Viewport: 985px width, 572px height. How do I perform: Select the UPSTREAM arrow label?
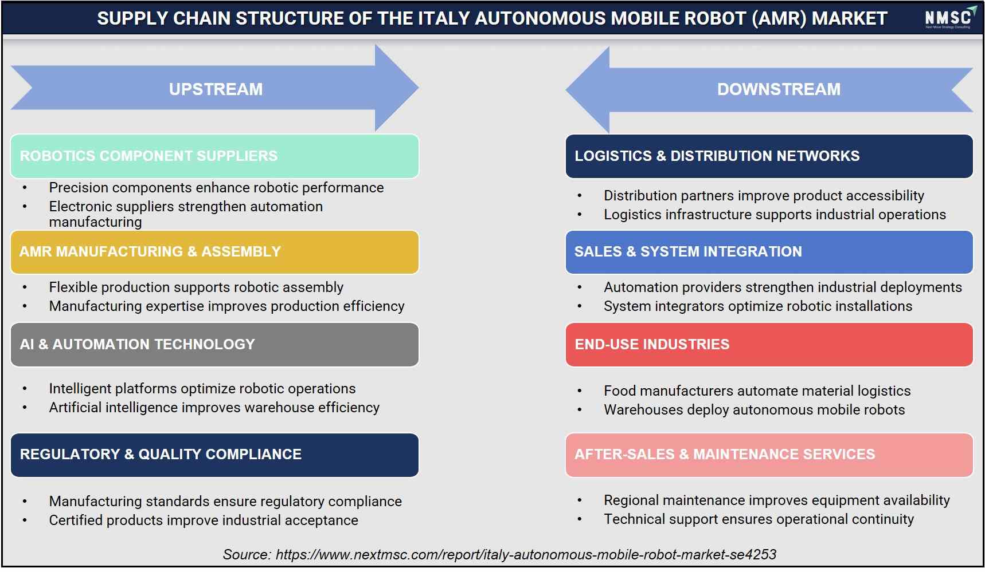click(216, 89)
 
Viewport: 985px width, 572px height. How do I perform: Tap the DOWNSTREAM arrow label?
click(779, 89)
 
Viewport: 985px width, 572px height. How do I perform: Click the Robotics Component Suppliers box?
click(214, 156)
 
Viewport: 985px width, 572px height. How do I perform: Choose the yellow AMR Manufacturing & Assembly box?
click(214, 252)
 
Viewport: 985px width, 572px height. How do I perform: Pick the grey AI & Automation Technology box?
click(214, 345)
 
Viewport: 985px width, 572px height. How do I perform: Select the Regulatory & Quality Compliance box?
click(214, 455)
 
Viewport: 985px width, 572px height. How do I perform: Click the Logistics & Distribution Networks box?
click(769, 156)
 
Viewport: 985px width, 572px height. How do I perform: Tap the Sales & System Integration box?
click(769, 252)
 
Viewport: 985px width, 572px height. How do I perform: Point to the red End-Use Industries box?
click(769, 345)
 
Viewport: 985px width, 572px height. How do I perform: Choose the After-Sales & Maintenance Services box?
click(769, 455)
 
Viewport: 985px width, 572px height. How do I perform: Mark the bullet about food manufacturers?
click(757, 390)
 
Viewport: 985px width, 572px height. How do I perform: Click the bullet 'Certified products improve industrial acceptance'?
click(204, 520)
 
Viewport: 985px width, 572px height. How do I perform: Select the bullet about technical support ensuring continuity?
click(759, 519)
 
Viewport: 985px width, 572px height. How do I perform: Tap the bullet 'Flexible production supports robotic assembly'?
click(196, 287)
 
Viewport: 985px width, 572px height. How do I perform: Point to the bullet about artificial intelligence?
click(214, 407)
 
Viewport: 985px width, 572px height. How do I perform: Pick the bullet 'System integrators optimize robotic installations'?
click(758, 306)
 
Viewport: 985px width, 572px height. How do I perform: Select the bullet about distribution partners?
click(764, 195)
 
